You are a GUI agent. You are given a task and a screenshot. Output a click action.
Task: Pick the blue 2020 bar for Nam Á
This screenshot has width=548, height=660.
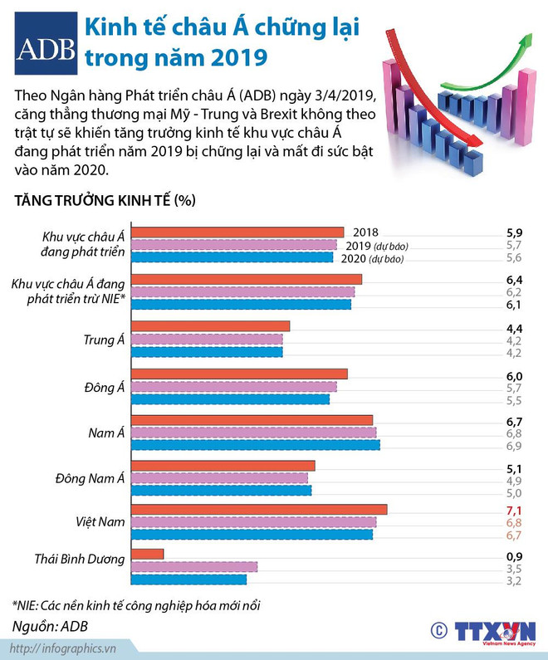[x=256, y=446]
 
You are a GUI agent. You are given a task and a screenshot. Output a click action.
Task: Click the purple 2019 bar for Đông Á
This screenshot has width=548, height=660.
[x=234, y=387]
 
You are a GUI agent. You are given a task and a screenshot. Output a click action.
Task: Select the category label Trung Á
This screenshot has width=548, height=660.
[x=104, y=340]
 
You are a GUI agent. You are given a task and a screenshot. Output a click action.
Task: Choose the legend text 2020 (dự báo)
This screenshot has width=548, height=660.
[x=374, y=258]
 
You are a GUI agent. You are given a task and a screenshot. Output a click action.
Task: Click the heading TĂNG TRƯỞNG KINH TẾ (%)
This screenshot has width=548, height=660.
[x=104, y=200]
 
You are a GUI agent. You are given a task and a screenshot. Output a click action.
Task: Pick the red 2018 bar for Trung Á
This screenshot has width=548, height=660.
[x=211, y=326]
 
